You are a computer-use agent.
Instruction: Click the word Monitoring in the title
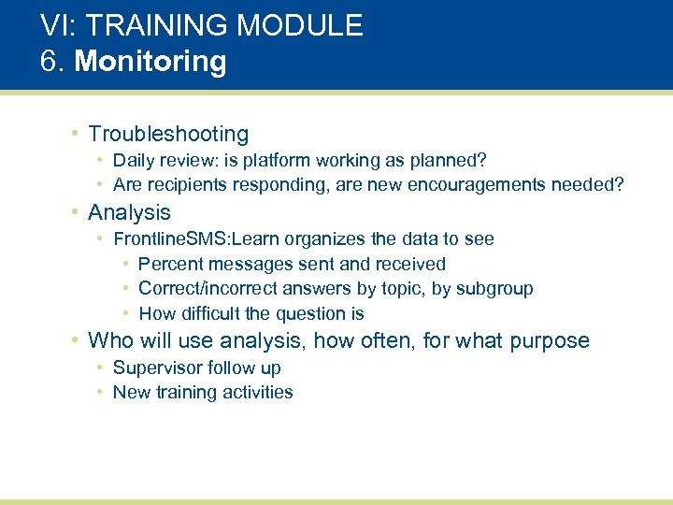[x=150, y=62]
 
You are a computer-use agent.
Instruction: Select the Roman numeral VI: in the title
[x=58, y=25]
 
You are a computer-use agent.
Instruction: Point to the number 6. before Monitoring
[x=53, y=62]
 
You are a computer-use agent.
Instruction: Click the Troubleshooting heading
[x=168, y=135]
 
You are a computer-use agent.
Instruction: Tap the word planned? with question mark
[x=454, y=161]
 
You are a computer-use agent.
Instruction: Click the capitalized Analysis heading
[x=129, y=213]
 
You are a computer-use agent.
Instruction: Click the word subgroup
[x=494, y=289]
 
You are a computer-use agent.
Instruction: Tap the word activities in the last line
[x=258, y=393]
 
